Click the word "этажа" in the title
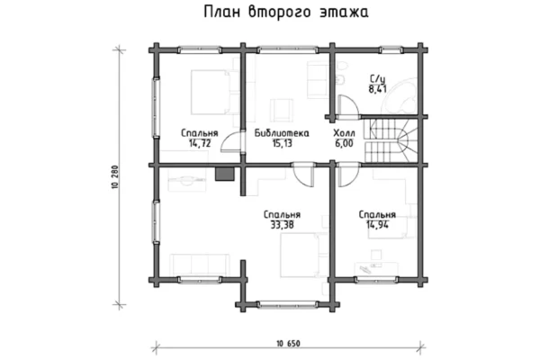point(344,12)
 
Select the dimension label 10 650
point(288,344)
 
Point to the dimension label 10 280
point(114,176)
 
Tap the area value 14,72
point(200,143)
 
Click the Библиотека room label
point(282,133)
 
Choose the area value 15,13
point(282,143)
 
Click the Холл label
point(344,133)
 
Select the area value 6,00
point(344,143)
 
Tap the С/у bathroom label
point(377,79)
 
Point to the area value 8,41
point(377,89)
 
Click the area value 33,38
point(282,225)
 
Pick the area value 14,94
point(377,225)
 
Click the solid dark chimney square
point(225,174)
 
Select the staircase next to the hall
point(391,140)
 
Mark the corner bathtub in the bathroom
point(401,95)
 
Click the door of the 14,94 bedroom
point(348,175)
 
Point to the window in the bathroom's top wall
point(391,50)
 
